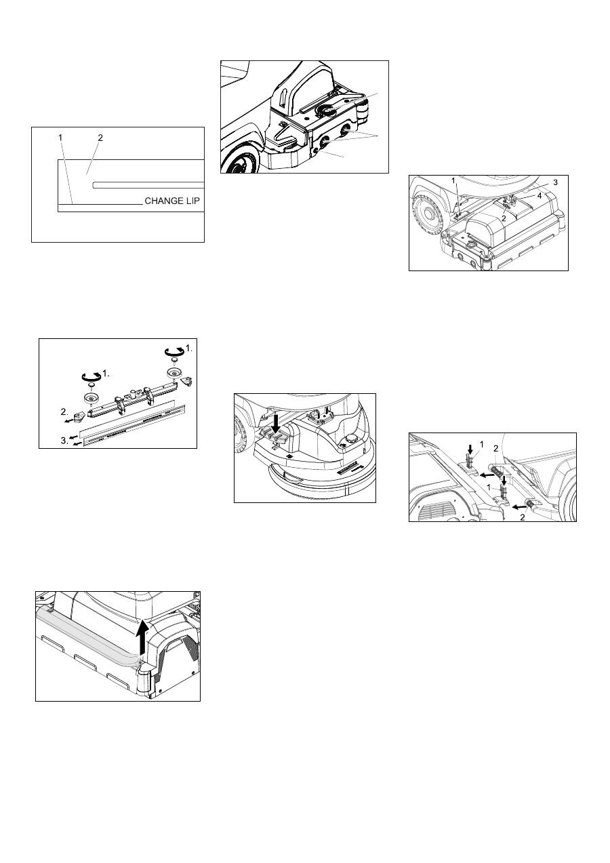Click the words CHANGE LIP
coord(172,201)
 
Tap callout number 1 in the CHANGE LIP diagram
coord(60,137)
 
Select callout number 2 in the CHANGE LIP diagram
coord(100,137)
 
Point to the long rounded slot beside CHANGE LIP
coord(148,185)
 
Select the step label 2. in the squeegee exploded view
coord(64,412)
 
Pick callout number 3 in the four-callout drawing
coord(555,182)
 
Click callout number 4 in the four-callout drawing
coord(540,196)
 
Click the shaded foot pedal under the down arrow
coord(274,434)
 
